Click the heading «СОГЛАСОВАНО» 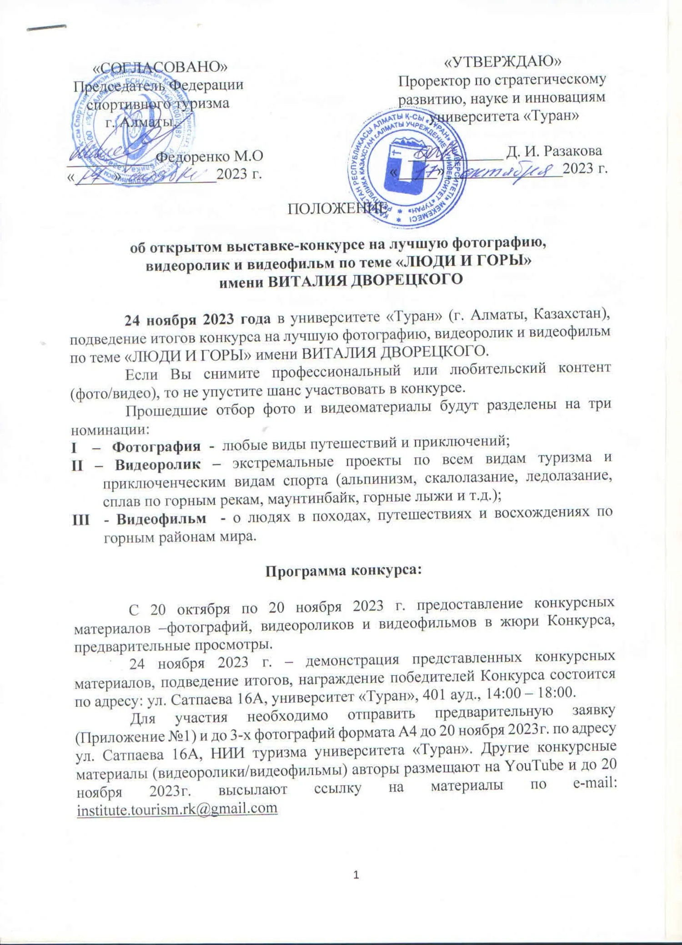[x=160, y=67]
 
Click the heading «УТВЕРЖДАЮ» [x=502, y=61]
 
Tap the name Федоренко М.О [x=209, y=156]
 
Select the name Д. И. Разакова [x=554, y=151]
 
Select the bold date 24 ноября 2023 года [x=197, y=320]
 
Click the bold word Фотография [x=156, y=447]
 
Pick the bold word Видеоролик [x=157, y=465]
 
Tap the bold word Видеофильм [x=161, y=519]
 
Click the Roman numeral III [x=80, y=519]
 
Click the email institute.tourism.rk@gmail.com [x=177, y=808]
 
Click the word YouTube [x=534, y=765]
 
